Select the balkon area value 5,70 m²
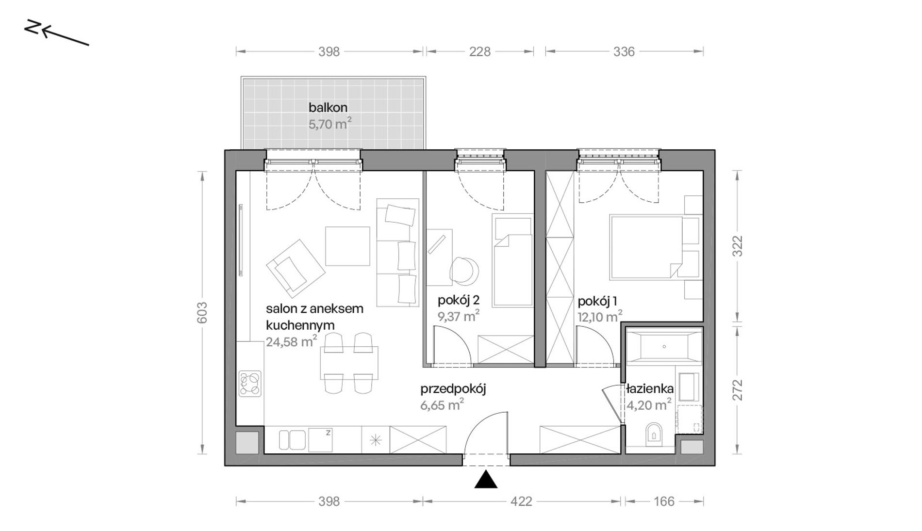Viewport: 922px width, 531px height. pos(330,124)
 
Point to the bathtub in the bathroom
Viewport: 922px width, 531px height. pos(664,346)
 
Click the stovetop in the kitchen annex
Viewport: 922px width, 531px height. pos(250,384)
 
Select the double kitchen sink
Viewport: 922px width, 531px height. pos(292,439)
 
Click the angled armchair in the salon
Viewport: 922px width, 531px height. pos(295,268)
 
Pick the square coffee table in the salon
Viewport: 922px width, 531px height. pos(347,246)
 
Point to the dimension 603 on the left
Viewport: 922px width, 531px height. pos(202,313)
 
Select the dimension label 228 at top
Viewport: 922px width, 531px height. pos(480,51)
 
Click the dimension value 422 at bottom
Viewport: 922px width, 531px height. pos(521,501)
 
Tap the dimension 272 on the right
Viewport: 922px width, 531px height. pos(737,390)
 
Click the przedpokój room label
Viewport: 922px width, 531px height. pos(453,389)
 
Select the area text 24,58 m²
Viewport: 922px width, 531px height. pos(292,341)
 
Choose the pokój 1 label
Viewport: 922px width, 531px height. pos(597,301)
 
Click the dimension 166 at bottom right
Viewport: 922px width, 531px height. pos(664,501)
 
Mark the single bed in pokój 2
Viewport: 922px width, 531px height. pos(512,260)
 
